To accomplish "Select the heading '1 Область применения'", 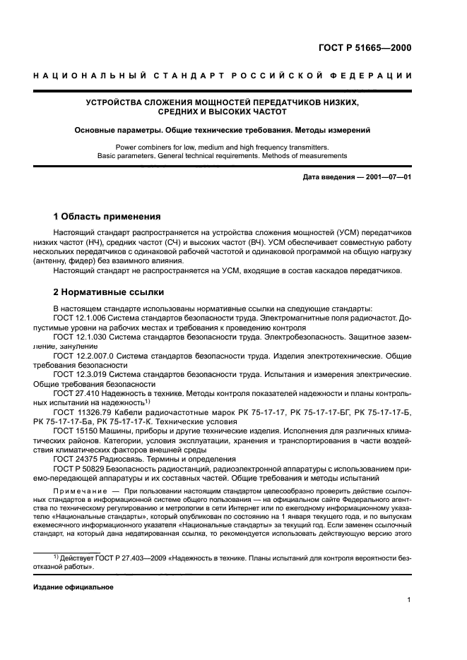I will [x=107, y=217].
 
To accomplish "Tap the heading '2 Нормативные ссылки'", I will [x=109, y=292].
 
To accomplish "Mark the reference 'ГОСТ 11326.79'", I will [x=80, y=412].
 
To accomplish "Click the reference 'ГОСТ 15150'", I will [x=73, y=430].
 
